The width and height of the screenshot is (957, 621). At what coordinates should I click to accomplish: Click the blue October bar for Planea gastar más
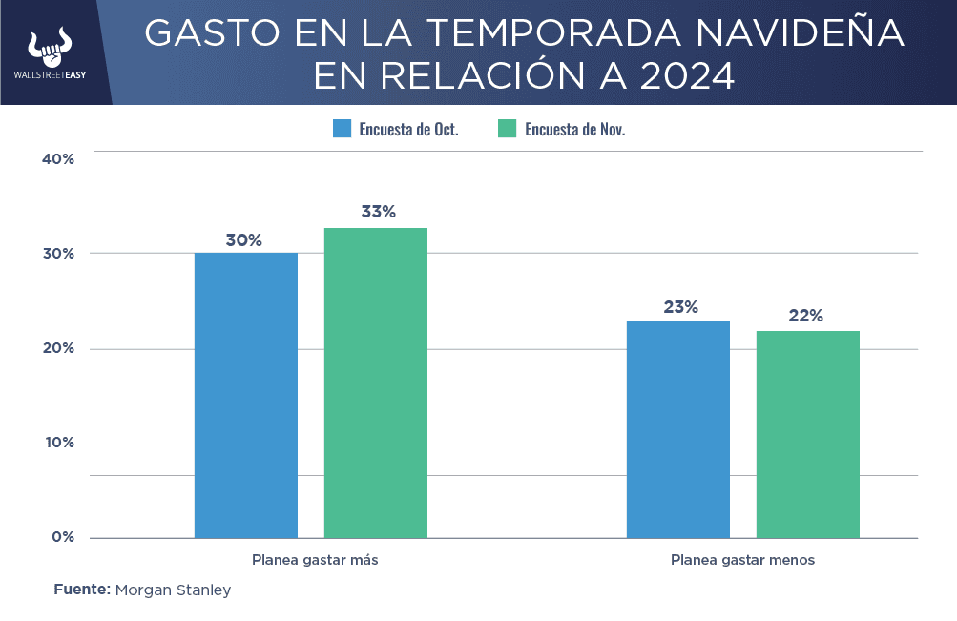246,395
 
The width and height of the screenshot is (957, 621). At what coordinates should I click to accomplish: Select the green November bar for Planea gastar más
376,383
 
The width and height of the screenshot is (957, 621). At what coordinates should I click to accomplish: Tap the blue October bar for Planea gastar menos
678,429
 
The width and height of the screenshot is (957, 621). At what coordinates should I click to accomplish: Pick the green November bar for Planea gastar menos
808,434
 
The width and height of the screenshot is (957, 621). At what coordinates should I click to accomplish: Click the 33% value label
378,212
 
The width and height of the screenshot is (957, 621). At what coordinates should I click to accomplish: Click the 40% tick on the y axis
58,158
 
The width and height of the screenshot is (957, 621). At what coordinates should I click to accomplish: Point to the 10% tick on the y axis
58,443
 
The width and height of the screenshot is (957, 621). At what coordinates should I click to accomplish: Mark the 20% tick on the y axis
58,348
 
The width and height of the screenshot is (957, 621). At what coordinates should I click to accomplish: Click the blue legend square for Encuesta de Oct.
343,129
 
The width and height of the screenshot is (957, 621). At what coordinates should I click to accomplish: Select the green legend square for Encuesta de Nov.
508,129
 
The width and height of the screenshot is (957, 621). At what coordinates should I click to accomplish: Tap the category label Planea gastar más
315,560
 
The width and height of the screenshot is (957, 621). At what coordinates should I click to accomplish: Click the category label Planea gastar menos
742,560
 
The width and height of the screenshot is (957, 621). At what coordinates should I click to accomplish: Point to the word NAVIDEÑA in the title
800,33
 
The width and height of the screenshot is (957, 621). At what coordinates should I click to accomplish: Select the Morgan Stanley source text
173,590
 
